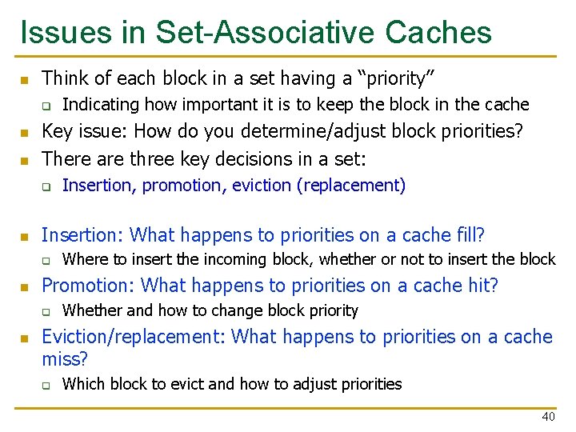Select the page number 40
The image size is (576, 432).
coord(548,417)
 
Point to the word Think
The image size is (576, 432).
coord(64,78)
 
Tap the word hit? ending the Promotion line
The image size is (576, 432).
coord(482,286)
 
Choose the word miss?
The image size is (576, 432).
coord(65,360)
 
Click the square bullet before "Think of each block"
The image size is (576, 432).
coord(24,80)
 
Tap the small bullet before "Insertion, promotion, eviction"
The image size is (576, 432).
coord(46,186)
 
